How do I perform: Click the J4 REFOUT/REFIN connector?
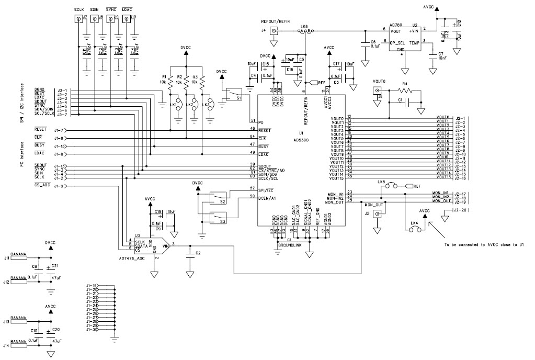click(x=273, y=31)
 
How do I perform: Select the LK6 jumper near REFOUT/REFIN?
click(x=305, y=31)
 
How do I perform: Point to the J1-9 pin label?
click(x=59, y=186)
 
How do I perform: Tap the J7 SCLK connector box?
click(x=79, y=19)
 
